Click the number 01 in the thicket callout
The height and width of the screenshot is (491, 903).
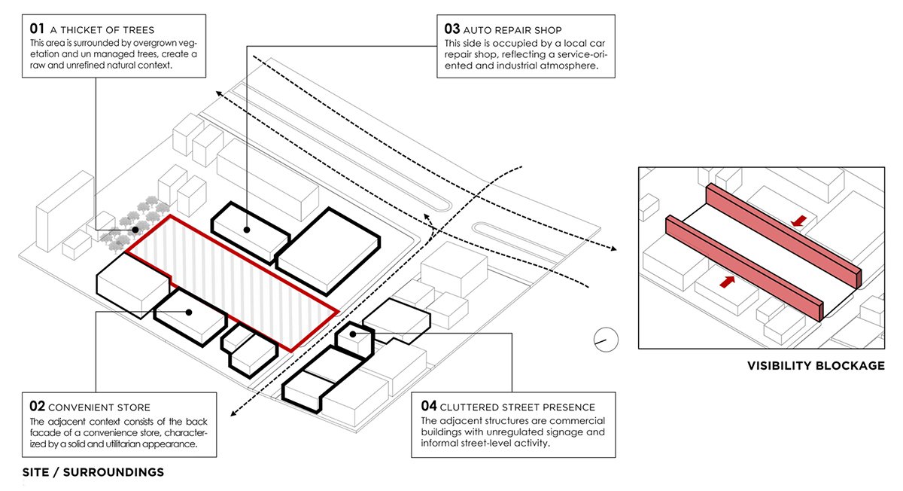(x=38, y=29)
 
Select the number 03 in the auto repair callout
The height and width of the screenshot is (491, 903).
(x=451, y=29)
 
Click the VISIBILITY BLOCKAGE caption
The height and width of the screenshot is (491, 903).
(x=816, y=366)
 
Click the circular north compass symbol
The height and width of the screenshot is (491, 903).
(x=606, y=340)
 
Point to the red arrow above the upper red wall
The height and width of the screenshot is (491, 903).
(x=799, y=221)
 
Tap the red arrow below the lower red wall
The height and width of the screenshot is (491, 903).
(x=728, y=282)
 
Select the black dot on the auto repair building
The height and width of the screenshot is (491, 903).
(x=248, y=229)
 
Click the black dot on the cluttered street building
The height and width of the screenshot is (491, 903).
(x=352, y=334)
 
